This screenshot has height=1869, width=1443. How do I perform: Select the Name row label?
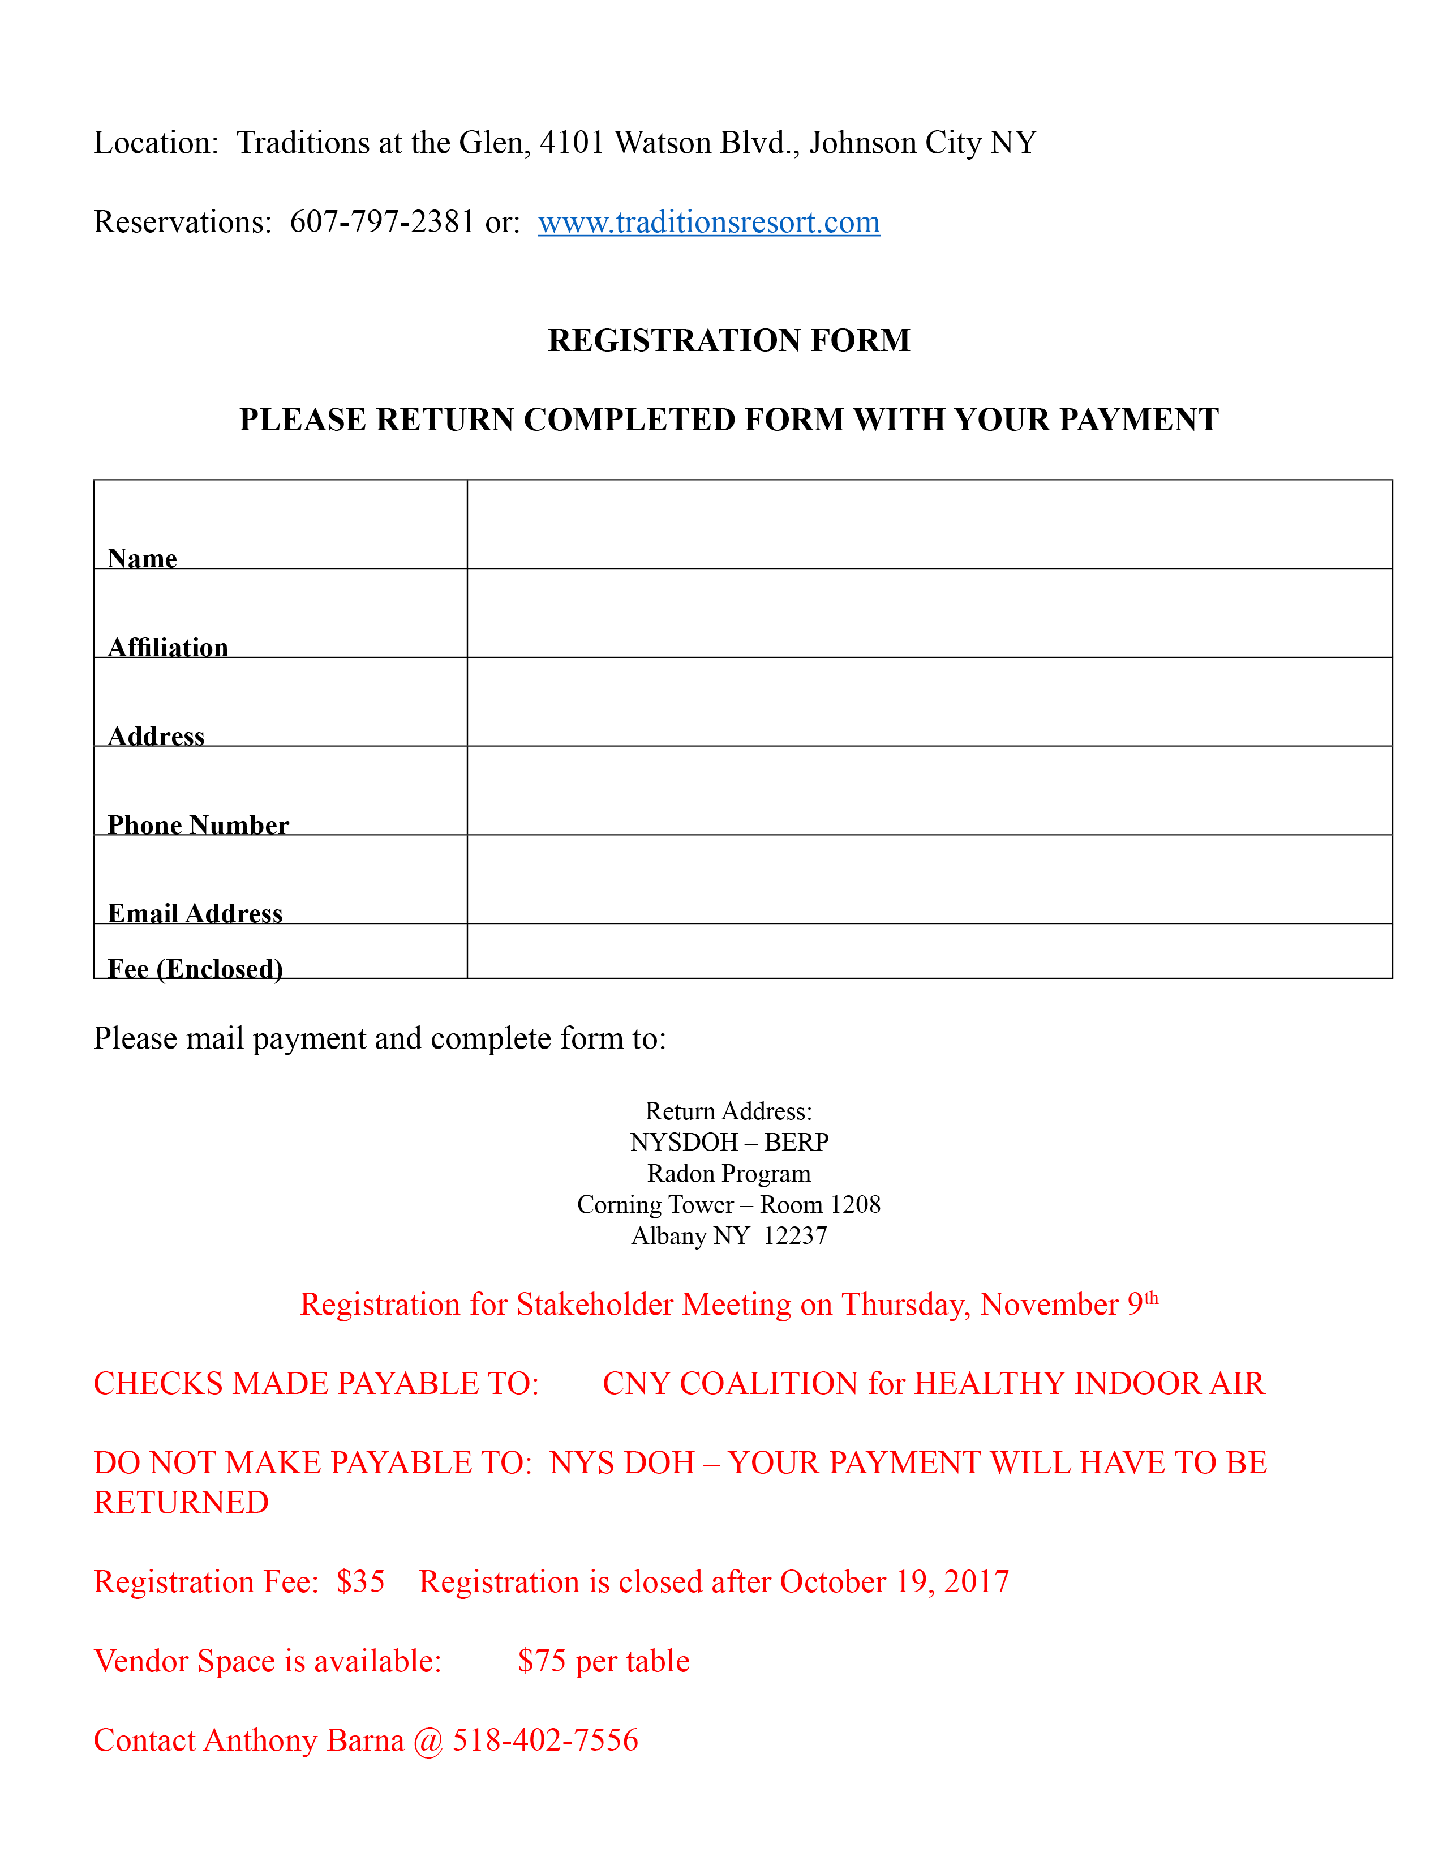coord(142,558)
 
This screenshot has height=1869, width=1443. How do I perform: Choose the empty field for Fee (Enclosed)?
coord(929,951)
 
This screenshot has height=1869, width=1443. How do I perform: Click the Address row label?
coord(157,736)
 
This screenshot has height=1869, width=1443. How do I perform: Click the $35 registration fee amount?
coord(360,1581)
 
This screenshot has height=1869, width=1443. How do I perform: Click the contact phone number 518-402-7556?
coord(545,1740)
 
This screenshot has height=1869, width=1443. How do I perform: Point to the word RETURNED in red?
coord(181,1503)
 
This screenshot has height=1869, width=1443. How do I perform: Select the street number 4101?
coord(572,142)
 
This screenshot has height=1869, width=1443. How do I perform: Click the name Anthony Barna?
coord(304,1740)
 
